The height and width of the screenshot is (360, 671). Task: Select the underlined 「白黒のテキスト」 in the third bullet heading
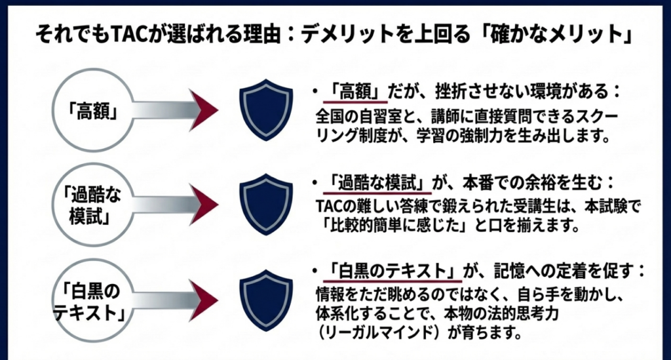[386, 270]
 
